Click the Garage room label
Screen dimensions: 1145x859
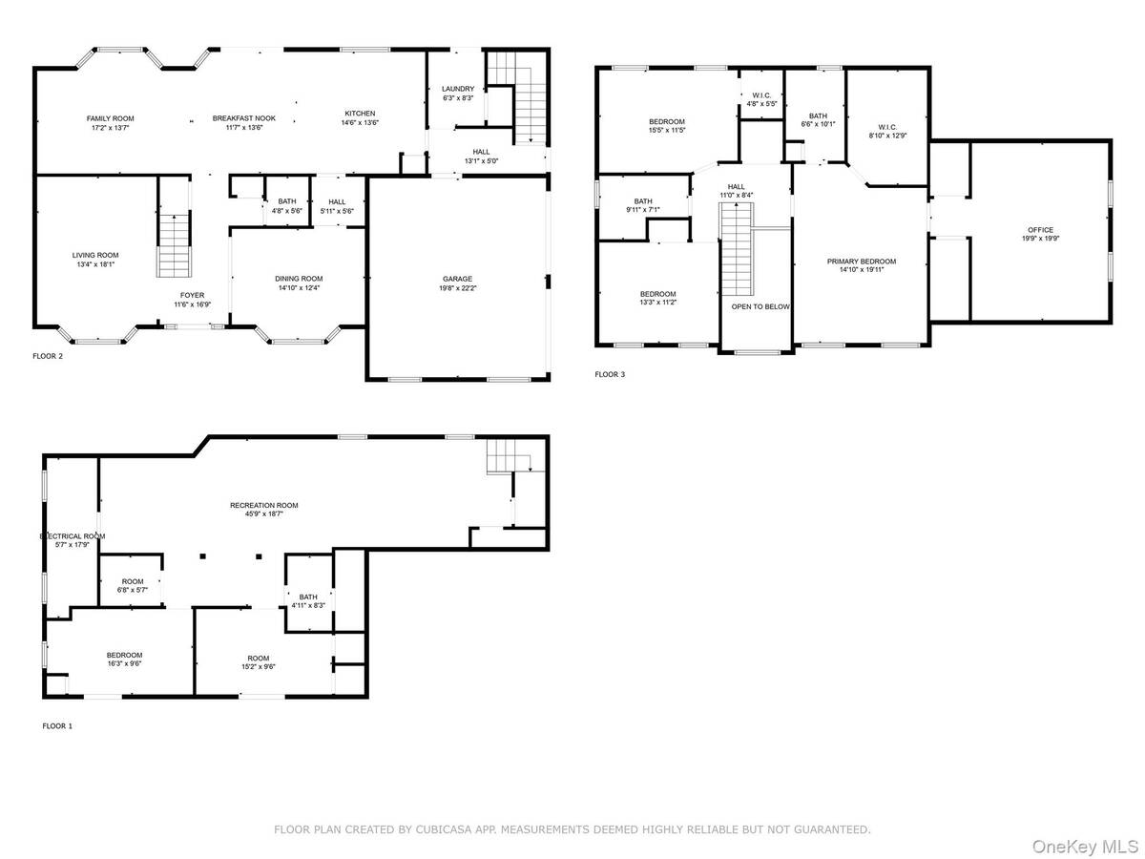[457, 279]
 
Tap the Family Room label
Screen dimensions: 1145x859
[110, 119]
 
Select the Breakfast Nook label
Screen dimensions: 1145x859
[243, 118]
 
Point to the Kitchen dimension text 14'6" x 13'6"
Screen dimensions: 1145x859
[360, 123]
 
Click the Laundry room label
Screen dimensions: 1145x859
[458, 89]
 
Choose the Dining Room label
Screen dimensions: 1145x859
[299, 279]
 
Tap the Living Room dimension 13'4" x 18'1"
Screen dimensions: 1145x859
[94, 264]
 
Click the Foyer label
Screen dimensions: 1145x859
[192, 296]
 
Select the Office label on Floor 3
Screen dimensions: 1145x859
[1040, 230]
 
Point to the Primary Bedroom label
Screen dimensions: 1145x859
[862, 262]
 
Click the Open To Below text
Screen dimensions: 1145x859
[760, 306]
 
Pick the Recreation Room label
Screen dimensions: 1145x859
[264, 506]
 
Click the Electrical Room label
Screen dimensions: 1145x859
[73, 536]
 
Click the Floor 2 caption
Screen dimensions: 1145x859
[48, 356]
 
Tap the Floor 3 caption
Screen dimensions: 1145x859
[610, 374]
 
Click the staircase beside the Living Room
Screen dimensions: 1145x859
[174, 245]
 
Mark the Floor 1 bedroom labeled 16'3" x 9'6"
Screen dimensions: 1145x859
[124, 655]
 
